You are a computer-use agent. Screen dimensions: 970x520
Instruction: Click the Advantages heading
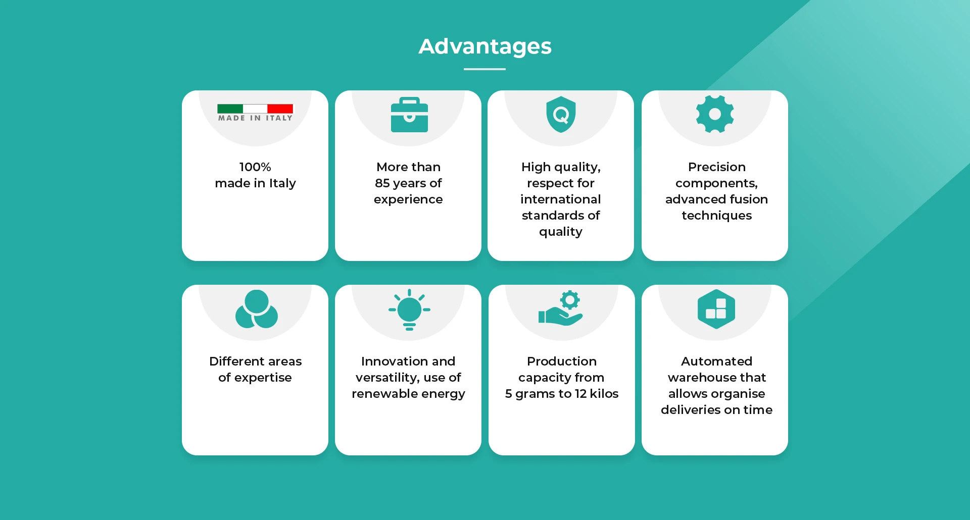[485, 47]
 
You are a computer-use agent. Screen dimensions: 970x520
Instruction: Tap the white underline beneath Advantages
[484, 69]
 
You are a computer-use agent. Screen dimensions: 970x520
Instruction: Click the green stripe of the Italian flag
[230, 109]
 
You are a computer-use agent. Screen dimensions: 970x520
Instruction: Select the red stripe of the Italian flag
[280, 109]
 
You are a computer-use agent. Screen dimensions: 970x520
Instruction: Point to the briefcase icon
[409, 115]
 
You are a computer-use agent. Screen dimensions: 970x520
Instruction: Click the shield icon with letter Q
[561, 115]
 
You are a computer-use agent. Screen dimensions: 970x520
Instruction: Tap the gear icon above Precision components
[715, 114]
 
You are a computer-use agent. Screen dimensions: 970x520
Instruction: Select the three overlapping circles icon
[257, 309]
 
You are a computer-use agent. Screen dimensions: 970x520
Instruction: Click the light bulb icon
[409, 309]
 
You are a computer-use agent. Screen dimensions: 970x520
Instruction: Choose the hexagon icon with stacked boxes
[716, 309]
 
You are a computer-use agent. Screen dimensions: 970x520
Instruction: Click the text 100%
[255, 167]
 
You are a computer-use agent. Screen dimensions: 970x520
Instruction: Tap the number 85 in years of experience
[382, 183]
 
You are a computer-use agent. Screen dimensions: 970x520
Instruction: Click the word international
[561, 199]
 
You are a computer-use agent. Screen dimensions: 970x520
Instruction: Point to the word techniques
[717, 216]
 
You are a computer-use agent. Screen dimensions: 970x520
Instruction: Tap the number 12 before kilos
[580, 394]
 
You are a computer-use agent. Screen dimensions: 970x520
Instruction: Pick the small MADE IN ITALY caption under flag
[255, 118]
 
